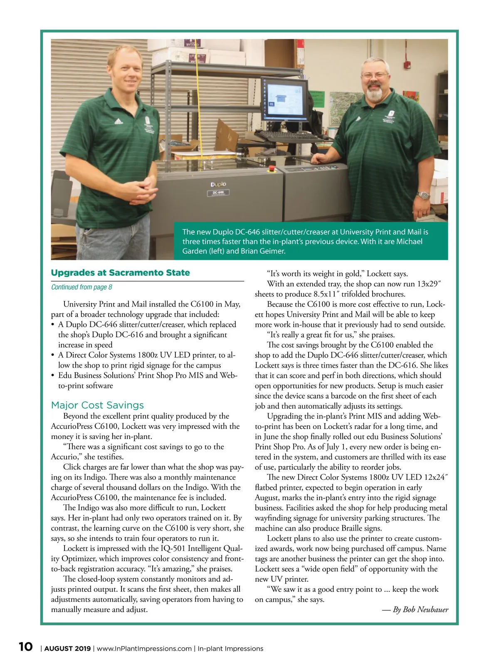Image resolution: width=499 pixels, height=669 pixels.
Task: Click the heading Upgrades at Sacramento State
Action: click(x=120, y=273)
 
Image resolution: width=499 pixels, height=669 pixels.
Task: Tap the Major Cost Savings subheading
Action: click(x=97, y=405)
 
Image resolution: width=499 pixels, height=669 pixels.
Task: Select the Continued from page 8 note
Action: click(x=82, y=287)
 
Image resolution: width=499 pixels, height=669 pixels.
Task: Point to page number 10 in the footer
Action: click(x=25, y=647)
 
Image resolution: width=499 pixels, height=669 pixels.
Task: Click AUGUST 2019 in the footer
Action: click(x=67, y=649)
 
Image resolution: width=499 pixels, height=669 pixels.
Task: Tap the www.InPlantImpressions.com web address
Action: click(x=144, y=649)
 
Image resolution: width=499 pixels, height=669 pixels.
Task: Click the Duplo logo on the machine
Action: click(x=218, y=184)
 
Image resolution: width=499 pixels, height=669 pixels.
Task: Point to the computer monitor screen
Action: click(x=286, y=99)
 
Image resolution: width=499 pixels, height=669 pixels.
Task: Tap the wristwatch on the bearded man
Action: click(x=423, y=195)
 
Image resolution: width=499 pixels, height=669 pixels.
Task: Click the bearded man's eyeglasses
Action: click(x=375, y=75)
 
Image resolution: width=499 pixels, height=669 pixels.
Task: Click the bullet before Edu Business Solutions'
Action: click(x=53, y=375)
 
